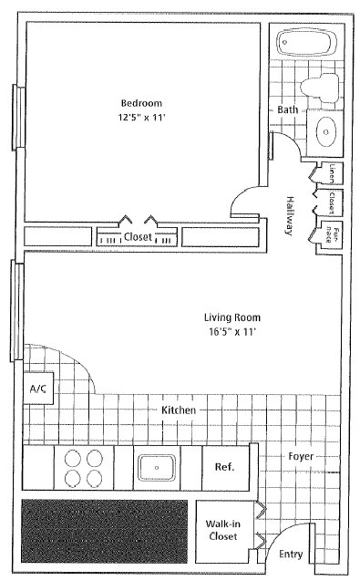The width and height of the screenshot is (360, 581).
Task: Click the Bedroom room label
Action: [x=141, y=101]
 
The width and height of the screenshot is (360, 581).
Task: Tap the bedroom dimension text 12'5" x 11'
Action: [x=141, y=117]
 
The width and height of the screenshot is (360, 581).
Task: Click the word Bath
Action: [x=288, y=110]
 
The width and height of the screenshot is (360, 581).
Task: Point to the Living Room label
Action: [x=231, y=317]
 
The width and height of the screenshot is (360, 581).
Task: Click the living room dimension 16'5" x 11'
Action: [x=231, y=332]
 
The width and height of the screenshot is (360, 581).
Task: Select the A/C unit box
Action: [x=38, y=389]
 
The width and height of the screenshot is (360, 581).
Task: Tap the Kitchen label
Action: [x=179, y=410]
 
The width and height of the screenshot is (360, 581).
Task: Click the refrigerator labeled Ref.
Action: [x=224, y=467]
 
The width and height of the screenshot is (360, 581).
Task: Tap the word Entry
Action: [x=291, y=554]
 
